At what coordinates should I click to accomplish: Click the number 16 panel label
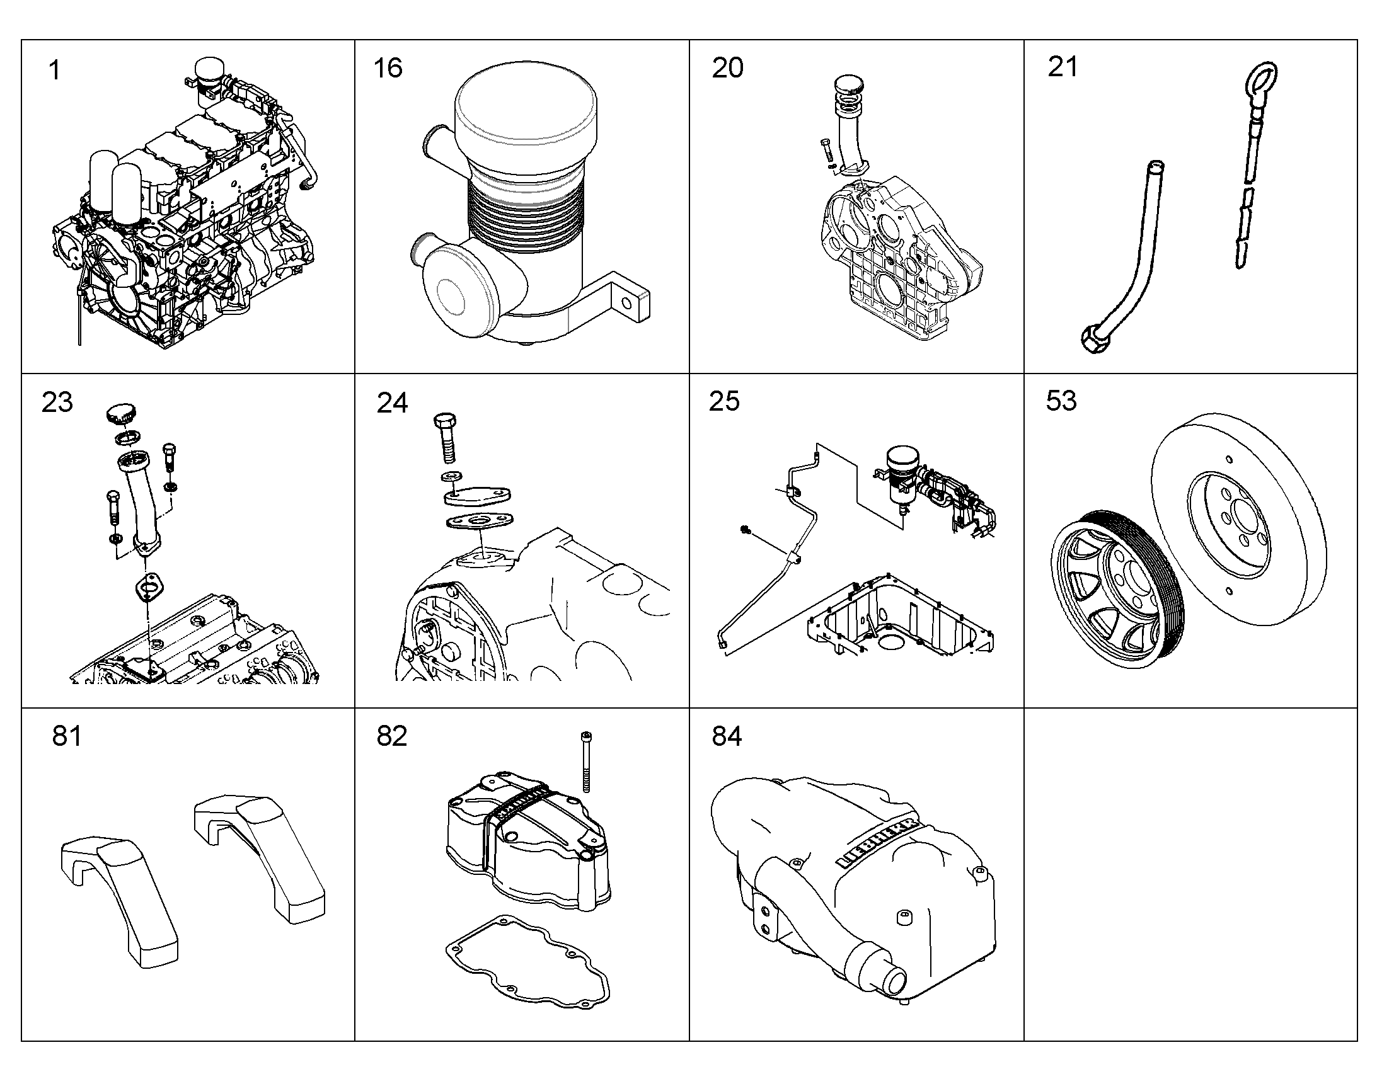tap(388, 68)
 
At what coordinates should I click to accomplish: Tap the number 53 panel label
tap(1061, 401)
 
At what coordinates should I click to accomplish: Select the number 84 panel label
tap(727, 736)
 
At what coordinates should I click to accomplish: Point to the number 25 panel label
tap(724, 401)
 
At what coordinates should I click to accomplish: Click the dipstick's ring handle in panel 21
tap(1260, 81)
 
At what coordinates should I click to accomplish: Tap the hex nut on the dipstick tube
tap(1094, 340)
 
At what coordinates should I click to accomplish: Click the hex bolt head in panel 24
tap(445, 421)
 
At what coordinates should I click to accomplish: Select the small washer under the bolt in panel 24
tap(450, 476)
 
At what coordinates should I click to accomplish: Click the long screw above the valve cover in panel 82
tap(586, 762)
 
